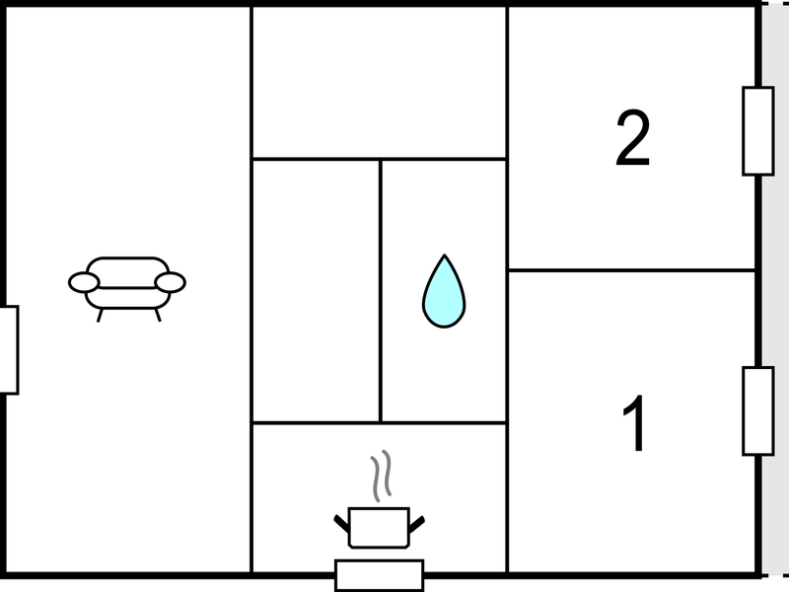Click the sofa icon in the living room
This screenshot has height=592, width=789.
coord(127,288)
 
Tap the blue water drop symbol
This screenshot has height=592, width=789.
coord(444,292)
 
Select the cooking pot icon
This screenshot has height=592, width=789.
coord(379,528)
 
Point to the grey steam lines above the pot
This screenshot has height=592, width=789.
coord(381,476)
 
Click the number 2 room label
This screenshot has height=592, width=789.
coord(633,138)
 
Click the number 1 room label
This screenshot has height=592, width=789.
coord(635,423)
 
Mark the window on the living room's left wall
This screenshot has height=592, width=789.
coord(9,350)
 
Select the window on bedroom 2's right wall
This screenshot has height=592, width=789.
coord(758,131)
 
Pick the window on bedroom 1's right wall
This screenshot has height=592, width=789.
coord(758,411)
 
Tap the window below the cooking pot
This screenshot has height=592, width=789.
coord(380,575)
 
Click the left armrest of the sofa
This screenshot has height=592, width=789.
coord(84,282)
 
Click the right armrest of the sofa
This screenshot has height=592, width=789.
coord(171,282)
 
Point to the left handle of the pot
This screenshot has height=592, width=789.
coord(341,524)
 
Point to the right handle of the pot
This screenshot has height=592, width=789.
coord(416,524)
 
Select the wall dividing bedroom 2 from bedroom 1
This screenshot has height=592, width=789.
coord(632,270)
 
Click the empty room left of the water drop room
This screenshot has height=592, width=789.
coord(316,291)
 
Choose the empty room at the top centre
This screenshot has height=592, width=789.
coord(379,82)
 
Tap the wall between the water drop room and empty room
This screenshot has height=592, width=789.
coord(381,291)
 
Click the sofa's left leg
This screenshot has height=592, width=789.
coord(101,316)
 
